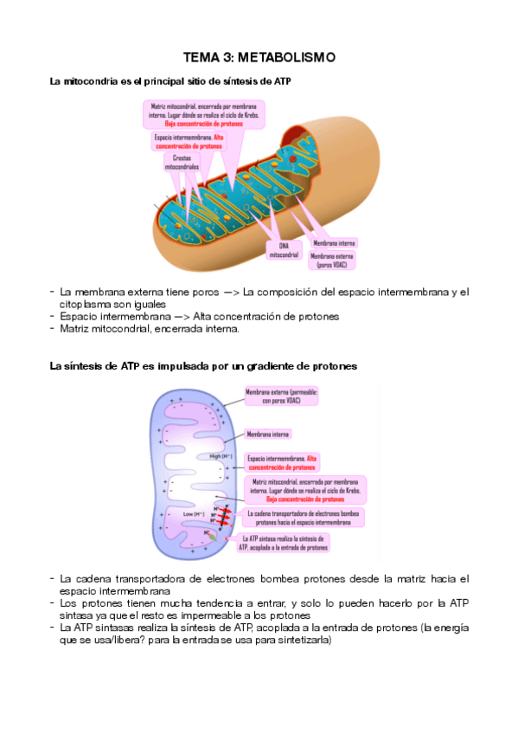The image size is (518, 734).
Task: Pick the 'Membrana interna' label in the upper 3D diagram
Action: (335, 243)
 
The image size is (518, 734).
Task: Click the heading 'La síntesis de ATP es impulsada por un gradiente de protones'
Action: (204, 366)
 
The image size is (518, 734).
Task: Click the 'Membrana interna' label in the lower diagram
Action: (268, 434)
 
